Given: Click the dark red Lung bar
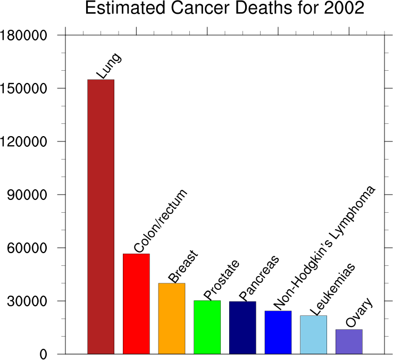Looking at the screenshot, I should tap(101, 216).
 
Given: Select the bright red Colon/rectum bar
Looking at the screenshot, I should tap(136, 304).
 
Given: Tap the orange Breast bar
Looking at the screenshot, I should tap(172, 319).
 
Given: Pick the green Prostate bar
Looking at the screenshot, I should tap(207, 327).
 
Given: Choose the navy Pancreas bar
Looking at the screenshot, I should tap(243, 328).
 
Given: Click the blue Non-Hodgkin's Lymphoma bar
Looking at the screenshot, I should tap(278, 332).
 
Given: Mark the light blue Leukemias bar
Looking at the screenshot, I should tap(313, 334).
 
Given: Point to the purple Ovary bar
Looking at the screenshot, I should tap(349, 341).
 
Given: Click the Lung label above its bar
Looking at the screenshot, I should tap(108, 66).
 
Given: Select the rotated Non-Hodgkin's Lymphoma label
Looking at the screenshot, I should tap(324, 247).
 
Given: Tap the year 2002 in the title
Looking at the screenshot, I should tap(344, 9).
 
